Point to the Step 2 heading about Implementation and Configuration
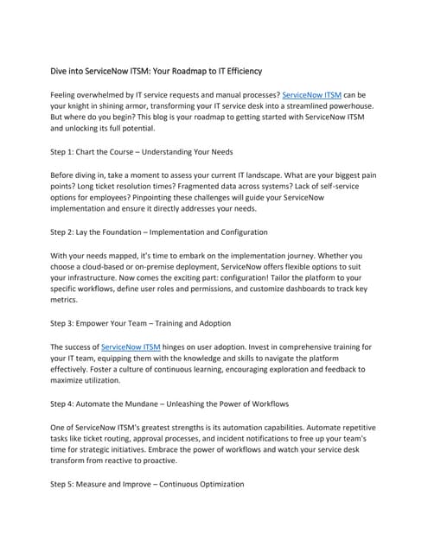coord(147,232)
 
